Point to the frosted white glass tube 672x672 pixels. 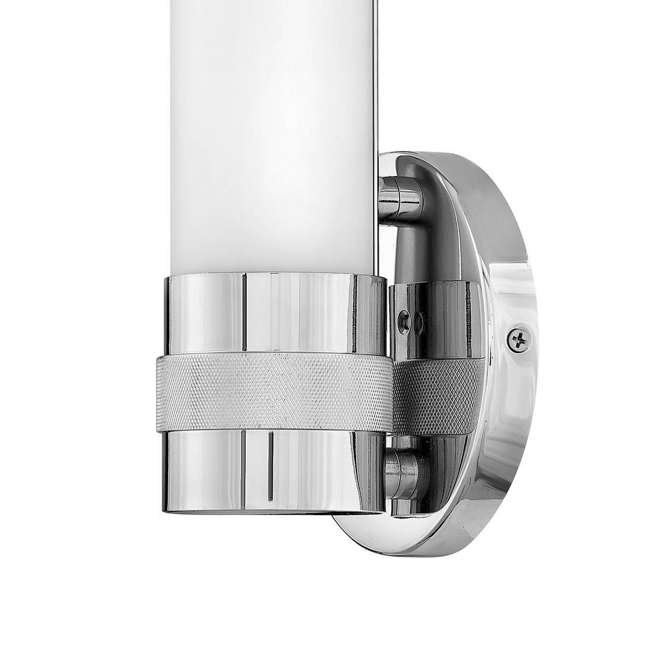click(269, 134)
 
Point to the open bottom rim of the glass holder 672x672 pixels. click(273, 510)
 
